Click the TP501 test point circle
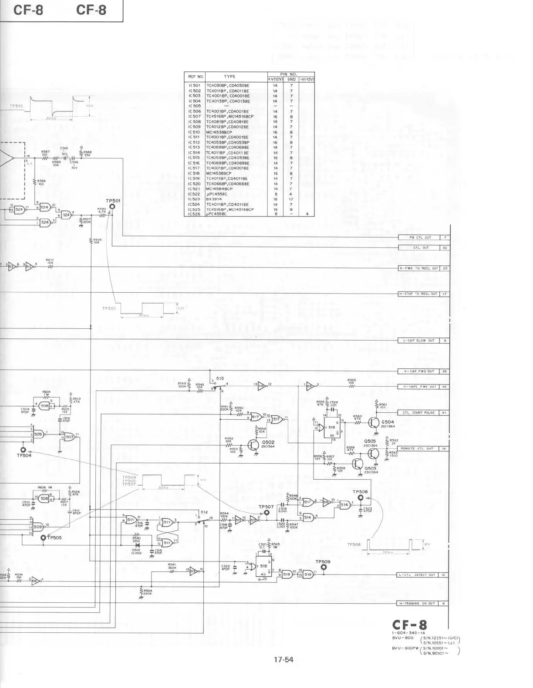[x=112, y=207]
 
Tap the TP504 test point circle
[x=24, y=450]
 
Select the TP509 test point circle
[x=323, y=567]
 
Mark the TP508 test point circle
[x=360, y=497]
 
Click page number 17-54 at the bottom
[x=283, y=660]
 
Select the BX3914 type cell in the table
[x=214, y=199]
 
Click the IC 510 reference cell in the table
[x=194, y=132]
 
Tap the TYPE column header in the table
[x=229, y=77]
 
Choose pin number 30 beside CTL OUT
[x=445, y=248]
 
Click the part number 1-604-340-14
[x=409, y=633]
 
